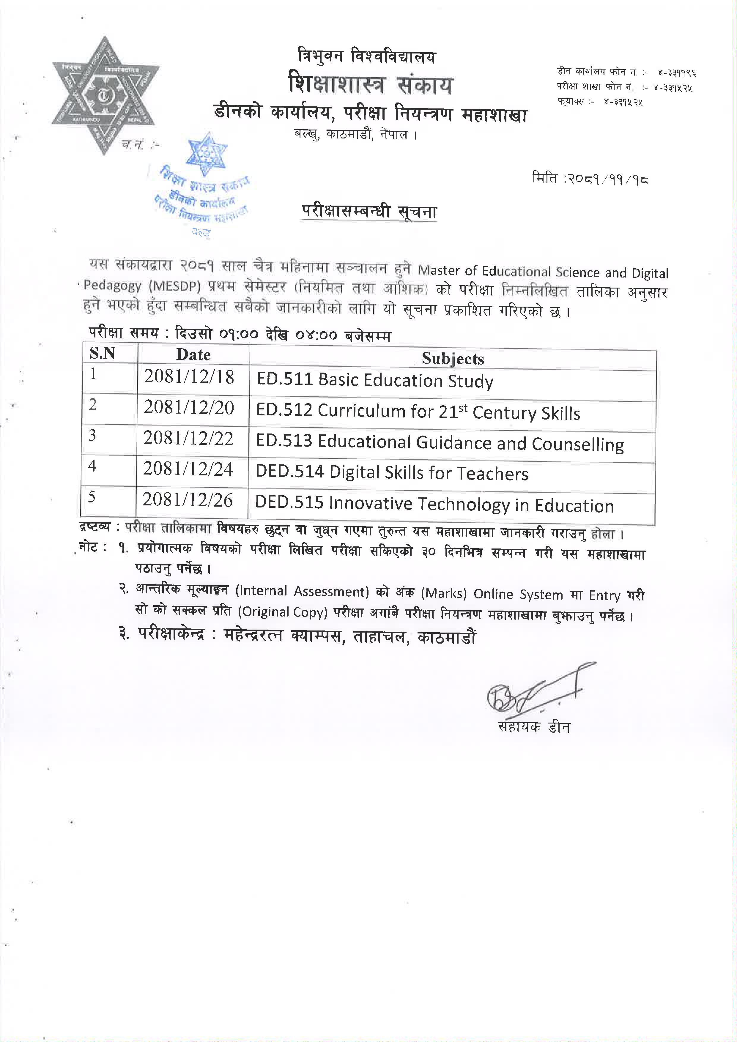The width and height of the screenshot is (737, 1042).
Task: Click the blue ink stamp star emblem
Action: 207,154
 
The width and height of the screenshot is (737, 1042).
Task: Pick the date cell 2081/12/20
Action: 189,408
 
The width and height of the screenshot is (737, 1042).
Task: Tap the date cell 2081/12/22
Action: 188,439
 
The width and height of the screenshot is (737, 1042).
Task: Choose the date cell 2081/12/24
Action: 188,469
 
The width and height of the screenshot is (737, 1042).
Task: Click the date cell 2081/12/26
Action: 188,500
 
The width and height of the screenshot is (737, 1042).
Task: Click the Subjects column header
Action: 453,359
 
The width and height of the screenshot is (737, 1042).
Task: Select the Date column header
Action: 193,354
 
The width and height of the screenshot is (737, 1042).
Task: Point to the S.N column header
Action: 102,353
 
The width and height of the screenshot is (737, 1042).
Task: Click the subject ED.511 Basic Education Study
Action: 374,380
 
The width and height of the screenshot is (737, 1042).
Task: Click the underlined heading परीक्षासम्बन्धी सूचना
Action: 369,212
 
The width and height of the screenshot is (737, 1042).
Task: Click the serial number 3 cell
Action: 93,436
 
